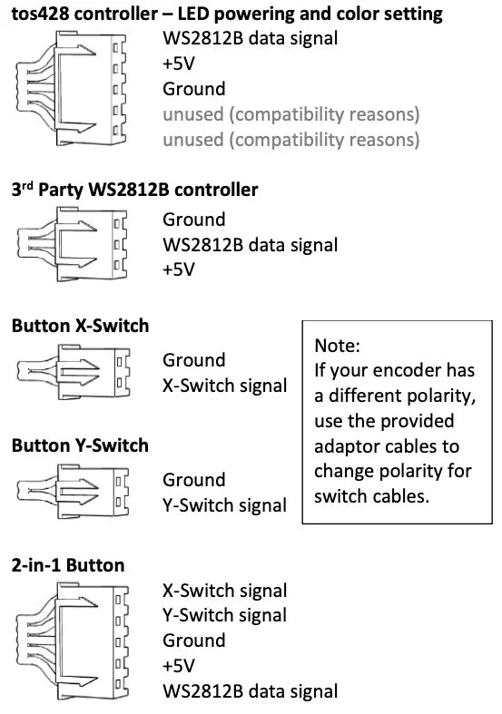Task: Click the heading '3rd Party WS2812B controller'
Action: pos(135,190)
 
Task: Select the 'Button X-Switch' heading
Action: pos(80,326)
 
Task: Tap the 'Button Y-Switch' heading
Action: pos(80,445)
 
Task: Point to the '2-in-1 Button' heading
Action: pos(68,565)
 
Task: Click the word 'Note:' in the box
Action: pos(337,346)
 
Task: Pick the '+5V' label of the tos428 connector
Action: pos(179,64)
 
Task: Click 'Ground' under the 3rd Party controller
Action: pos(194,220)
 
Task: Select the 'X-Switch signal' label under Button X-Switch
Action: pos(224,386)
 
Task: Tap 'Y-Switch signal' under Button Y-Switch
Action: pos(224,505)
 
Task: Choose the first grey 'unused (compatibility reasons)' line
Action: pos(291,114)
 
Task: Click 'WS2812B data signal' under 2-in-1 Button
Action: pos(250,690)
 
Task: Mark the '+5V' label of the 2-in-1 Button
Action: pos(179,666)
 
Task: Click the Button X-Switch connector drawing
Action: pos(74,372)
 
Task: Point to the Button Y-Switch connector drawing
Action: pos(74,492)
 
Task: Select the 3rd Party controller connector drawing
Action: pos(72,244)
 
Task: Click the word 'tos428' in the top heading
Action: pos(40,14)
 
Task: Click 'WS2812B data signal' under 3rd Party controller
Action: pos(250,245)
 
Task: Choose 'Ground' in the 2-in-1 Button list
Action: pos(194,641)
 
